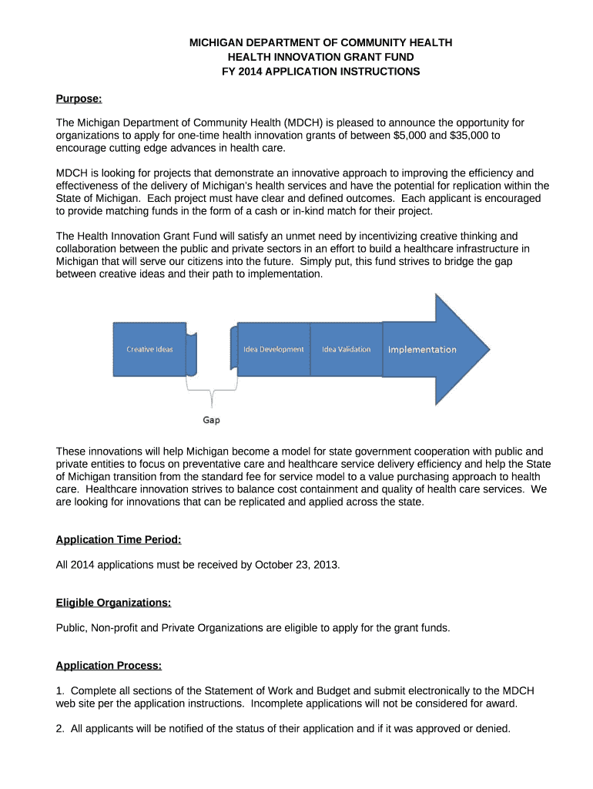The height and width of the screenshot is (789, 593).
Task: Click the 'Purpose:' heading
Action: [79, 99]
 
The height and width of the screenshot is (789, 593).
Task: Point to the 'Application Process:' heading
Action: [109, 666]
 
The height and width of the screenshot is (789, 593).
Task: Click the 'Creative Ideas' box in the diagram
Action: [150, 349]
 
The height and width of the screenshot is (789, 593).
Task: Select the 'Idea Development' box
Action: [273, 349]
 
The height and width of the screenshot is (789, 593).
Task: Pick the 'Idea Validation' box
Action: [346, 349]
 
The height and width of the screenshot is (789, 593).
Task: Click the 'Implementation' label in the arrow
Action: [422, 350]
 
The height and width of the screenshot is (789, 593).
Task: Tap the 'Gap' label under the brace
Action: [211, 420]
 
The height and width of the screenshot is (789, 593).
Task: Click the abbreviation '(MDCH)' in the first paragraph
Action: [303, 123]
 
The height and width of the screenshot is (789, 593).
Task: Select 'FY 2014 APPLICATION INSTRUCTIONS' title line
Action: [320, 72]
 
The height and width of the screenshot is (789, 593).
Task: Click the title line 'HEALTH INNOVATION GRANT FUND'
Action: [320, 57]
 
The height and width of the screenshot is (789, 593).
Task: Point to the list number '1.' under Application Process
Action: [61, 690]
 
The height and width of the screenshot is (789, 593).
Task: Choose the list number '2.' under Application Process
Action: [61, 728]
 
